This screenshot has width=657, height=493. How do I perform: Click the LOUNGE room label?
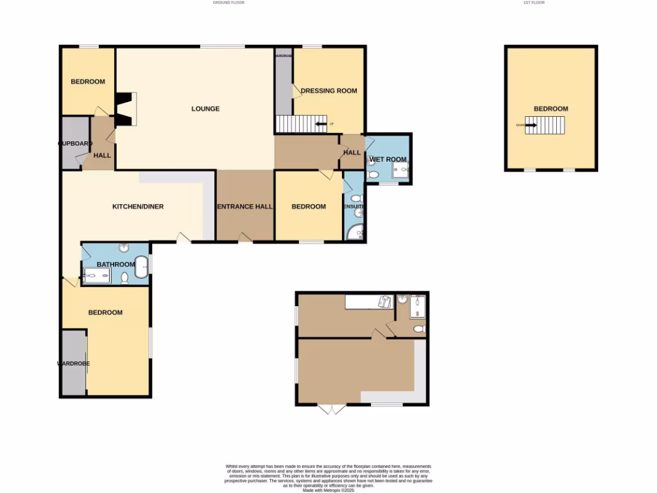pos(205,108)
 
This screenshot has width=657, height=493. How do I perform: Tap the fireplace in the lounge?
pos(126,109)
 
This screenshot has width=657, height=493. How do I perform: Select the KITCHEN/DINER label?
pos(138,207)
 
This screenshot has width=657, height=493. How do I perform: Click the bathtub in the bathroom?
pos(141,266)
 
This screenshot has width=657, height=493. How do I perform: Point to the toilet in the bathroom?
pos(124,277)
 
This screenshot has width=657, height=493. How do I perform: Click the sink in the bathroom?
pos(124,248)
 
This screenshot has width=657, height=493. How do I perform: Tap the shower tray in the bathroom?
pos(97,276)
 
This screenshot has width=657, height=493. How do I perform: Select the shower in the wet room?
pos(400,171)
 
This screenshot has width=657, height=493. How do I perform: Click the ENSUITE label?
pos(354,207)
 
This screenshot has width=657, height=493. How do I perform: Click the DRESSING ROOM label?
pos(328,91)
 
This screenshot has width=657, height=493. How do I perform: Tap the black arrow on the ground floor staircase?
pos(321,125)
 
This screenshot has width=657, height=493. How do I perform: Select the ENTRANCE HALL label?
pos(244,207)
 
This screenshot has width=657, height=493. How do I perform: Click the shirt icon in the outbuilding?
pos(386,302)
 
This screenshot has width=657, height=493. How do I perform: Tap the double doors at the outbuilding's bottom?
pos(332,409)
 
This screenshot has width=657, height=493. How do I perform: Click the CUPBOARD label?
pos(75,143)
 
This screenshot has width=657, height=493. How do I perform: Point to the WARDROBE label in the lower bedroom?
pos(74,363)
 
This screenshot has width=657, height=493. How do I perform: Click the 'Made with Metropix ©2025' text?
pos(328,490)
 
